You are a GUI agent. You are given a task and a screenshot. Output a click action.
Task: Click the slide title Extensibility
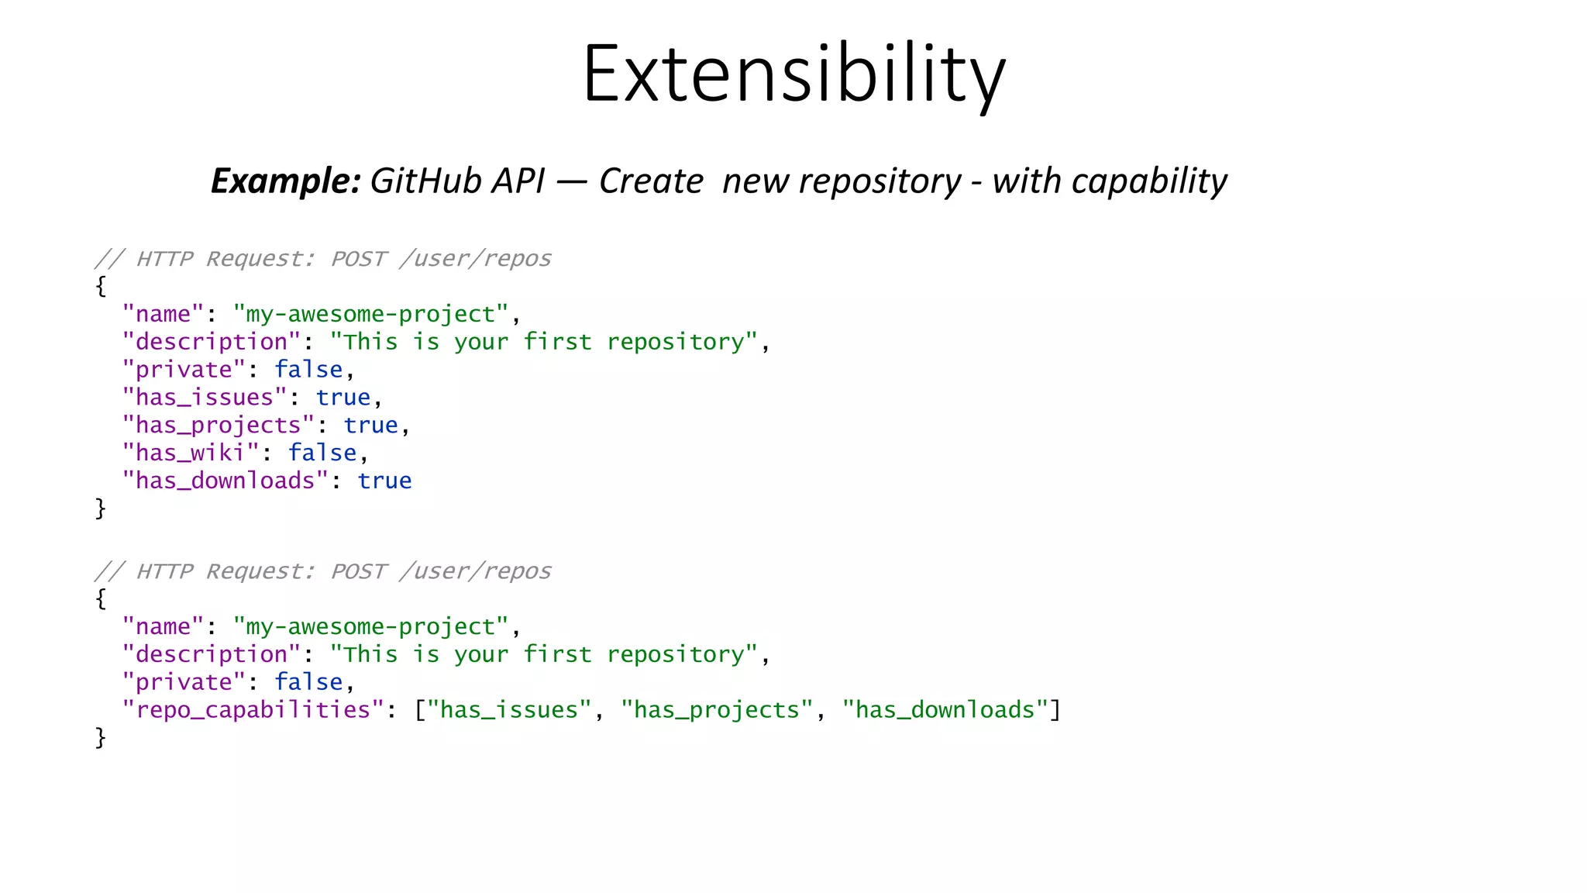793,74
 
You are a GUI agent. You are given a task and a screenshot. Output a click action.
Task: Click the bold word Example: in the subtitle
285,181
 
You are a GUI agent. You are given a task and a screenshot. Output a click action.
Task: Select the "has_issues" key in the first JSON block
205,398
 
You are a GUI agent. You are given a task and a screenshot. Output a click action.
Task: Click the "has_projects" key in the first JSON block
219,426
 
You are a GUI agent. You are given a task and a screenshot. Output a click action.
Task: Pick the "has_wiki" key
191,453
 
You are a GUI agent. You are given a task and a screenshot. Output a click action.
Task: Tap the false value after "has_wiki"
322,453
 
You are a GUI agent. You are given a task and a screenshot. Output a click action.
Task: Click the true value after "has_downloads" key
384,481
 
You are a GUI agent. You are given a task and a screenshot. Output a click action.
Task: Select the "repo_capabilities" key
253,710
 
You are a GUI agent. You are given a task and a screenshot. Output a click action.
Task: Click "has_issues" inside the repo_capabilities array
509,710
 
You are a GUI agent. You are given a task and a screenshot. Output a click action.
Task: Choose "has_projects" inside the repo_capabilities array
717,710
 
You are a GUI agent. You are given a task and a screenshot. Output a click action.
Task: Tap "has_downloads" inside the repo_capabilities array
945,710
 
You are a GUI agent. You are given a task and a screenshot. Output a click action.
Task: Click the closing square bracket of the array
1055,710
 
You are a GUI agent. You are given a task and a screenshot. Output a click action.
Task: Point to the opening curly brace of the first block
101,286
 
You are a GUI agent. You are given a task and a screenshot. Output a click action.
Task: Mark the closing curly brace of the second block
101,738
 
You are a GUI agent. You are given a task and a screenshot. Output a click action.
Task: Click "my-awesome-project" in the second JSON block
371,626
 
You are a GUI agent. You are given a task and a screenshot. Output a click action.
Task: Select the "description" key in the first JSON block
212,342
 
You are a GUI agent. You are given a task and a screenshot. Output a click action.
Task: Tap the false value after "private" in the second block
308,682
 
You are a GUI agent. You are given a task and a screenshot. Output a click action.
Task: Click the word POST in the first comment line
358,259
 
